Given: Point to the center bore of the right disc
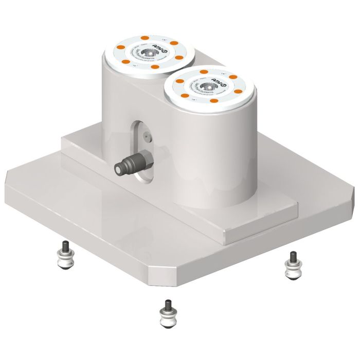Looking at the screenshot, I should click(x=209, y=87).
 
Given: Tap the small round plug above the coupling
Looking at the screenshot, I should click(x=147, y=134).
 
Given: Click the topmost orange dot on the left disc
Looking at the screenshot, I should click(x=145, y=39).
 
